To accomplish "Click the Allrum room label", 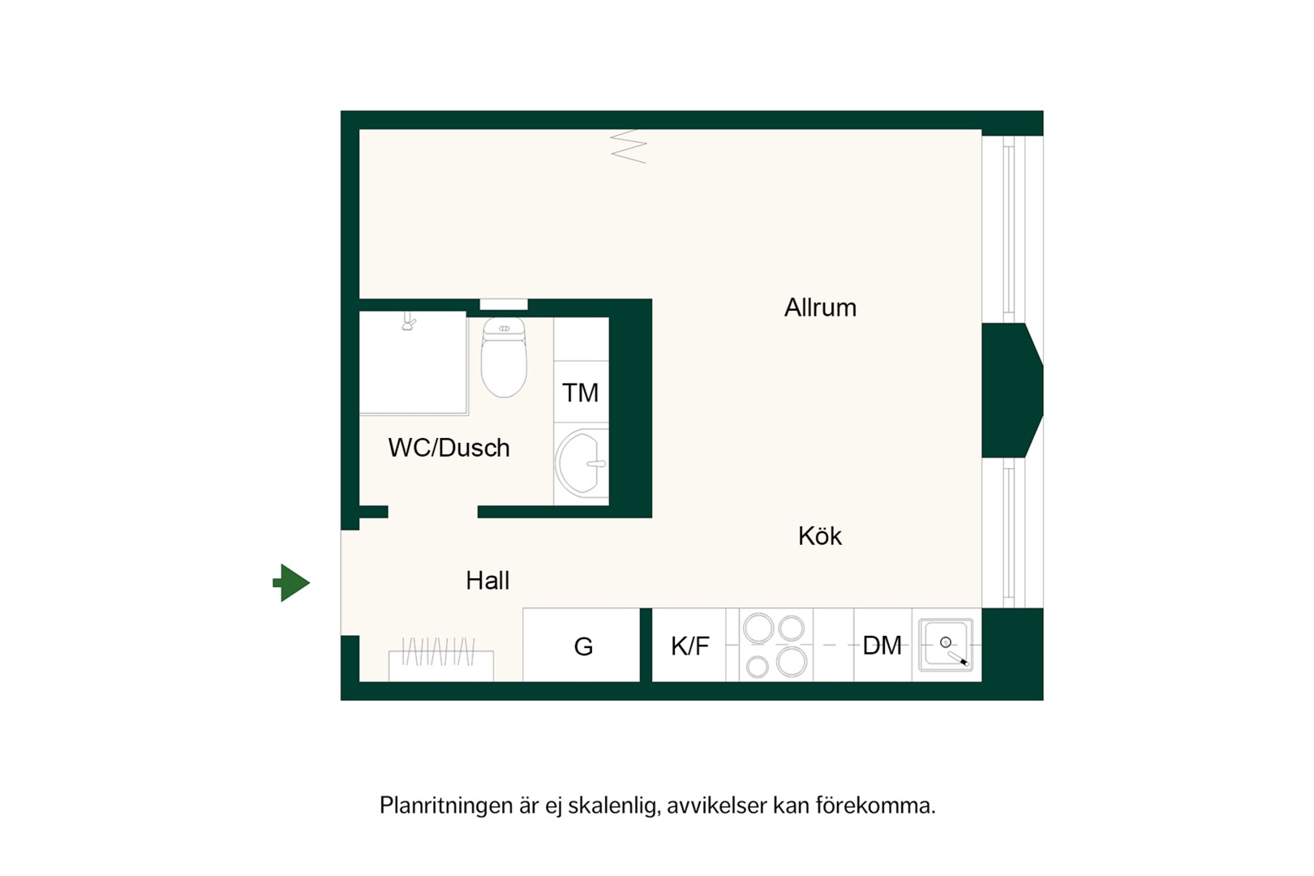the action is point(820,307).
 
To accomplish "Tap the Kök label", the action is point(819,535).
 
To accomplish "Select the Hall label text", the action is point(487,581).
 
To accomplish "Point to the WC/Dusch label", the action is point(449,448).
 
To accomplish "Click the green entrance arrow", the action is point(291,582).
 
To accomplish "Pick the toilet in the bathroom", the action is point(504,358).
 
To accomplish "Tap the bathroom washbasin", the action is point(581,463).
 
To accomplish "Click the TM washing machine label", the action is point(580,393).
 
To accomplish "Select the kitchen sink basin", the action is point(946,645).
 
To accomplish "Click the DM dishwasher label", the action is point(882,646).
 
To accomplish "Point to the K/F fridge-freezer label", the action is point(689,646).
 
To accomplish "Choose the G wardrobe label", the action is point(583,646).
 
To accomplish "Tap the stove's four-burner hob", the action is point(775,645).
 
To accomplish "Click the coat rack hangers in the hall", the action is point(438,651).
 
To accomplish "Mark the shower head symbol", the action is point(408,321).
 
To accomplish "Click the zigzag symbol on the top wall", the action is point(629,146).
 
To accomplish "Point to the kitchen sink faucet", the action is point(959,659).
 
